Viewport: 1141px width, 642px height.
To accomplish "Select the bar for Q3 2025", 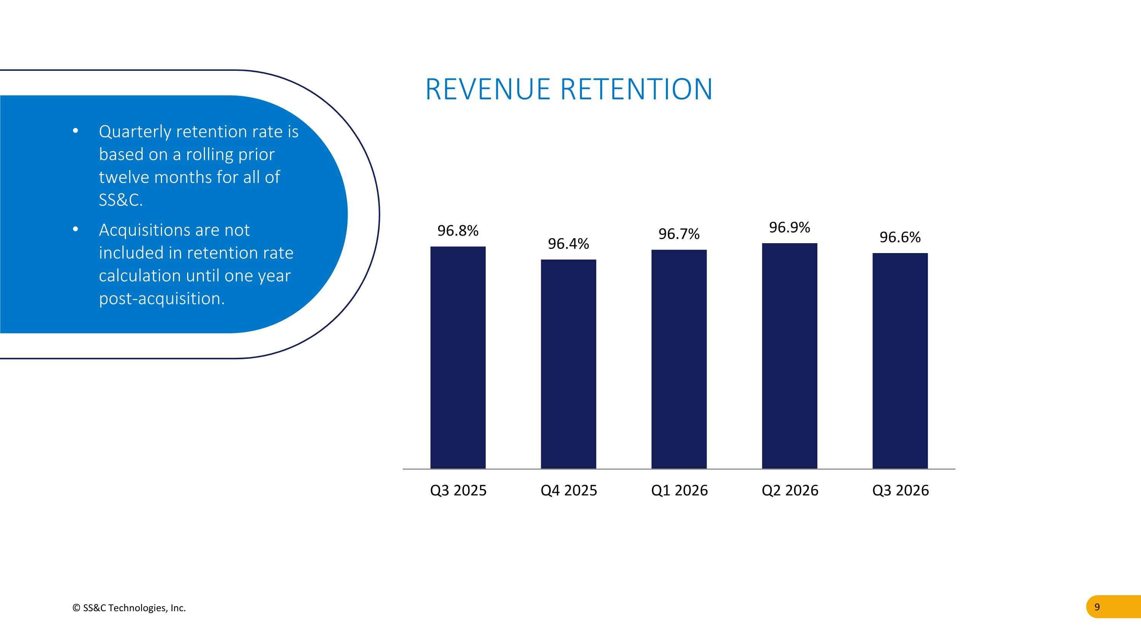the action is pyautogui.click(x=458, y=358).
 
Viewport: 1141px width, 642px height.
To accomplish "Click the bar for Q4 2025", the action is pyautogui.click(x=568, y=364).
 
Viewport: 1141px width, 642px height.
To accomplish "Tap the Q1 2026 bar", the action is pyautogui.click(x=679, y=359).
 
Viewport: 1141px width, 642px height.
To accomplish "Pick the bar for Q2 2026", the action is pyautogui.click(x=789, y=356).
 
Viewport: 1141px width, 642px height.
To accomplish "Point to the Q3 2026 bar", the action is pyautogui.click(x=900, y=361).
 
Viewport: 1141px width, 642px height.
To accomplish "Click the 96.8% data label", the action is pyautogui.click(x=458, y=231).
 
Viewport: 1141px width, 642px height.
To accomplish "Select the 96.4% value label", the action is pyautogui.click(x=568, y=244).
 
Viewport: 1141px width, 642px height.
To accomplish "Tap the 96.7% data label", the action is pyautogui.click(x=679, y=234).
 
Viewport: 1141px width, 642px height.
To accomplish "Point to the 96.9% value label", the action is pyautogui.click(x=789, y=227).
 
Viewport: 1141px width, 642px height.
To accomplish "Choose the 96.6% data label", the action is pyautogui.click(x=900, y=237).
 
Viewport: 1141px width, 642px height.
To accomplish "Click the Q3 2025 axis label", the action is pyautogui.click(x=458, y=491).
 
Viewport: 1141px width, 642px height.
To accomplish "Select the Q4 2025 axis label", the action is pyautogui.click(x=569, y=491).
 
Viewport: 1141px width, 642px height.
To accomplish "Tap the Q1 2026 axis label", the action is pyautogui.click(x=679, y=491).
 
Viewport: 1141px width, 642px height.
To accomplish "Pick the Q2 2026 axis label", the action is pyautogui.click(x=790, y=491).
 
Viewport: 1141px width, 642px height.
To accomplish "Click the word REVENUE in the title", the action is pyautogui.click(x=488, y=89).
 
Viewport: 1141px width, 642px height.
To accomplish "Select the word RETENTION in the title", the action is pyautogui.click(x=637, y=89).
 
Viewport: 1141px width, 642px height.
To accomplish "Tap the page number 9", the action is pyautogui.click(x=1097, y=607).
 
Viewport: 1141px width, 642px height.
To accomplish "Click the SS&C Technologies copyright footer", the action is pyautogui.click(x=129, y=608).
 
